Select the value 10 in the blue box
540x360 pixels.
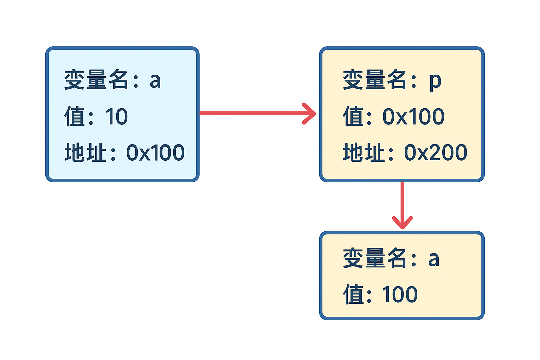pyautogui.click(x=116, y=117)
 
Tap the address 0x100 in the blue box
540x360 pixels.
pyautogui.click(x=155, y=153)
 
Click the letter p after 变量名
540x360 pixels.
pyautogui.click(x=435, y=81)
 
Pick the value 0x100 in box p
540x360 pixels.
pyautogui.click(x=413, y=117)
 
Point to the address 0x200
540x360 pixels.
pyautogui.click(x=435, y=153)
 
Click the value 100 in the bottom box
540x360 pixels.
pyautogui.click(x=400, y=295)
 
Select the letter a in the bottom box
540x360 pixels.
pyautogui.click(x=434, y=259)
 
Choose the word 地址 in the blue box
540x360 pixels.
pyautogui.click(x=85, y=153)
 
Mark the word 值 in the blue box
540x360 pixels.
pyautogui.click(x=75, y=117)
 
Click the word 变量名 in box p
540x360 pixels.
pyautogui.click(x=375, y=80)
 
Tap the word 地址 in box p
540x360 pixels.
pyautogui.click(x=364, y=153)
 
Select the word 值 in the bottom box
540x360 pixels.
pyautogui.click(x=353, y=295)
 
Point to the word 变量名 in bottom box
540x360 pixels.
pyautogui.click(x=375, y=258)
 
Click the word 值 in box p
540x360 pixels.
pyautogui.click(x=353, y=117)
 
